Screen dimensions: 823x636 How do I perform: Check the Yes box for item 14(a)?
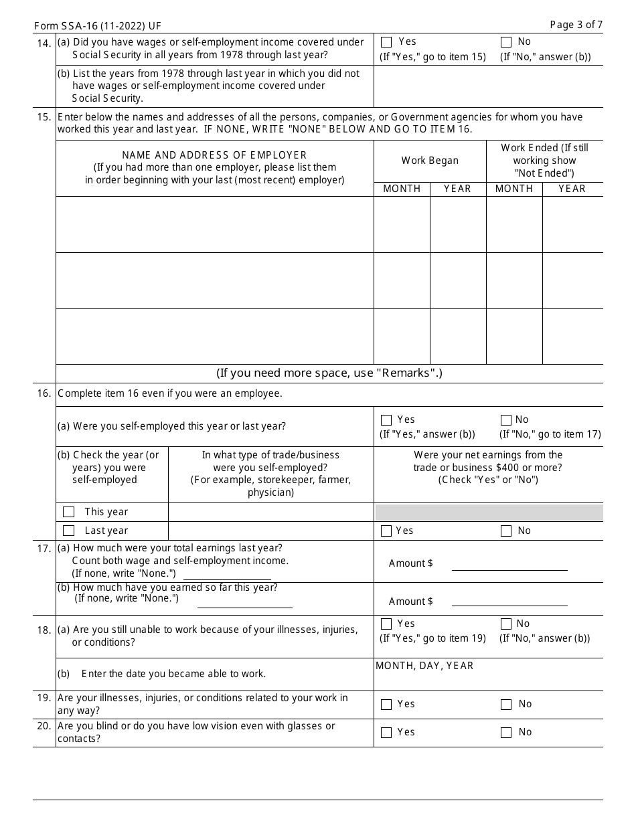click(386, 42)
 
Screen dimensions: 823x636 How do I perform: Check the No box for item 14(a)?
click(506, 42)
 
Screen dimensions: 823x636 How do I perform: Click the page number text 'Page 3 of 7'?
click(576, 25)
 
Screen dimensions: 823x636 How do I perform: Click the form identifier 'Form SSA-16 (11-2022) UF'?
click(97, 26)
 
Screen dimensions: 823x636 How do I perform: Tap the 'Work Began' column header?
click(430, 161)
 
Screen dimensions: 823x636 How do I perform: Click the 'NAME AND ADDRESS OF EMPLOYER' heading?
click(214, 155)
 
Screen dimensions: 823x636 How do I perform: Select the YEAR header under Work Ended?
click(572, 189)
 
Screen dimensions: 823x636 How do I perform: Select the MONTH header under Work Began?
click(402, 189)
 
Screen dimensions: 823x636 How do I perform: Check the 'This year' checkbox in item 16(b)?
click(68, 512)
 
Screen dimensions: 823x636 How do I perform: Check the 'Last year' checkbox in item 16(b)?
click(68, 531)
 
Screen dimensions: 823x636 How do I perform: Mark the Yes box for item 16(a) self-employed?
click(386, 420)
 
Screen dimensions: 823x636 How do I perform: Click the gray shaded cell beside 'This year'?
click(488, 513)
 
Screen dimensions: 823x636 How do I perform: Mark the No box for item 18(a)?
click(506, 624)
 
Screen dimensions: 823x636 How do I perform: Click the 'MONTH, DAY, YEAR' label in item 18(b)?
click(424, 666)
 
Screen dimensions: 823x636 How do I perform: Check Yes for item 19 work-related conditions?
click(386, 705)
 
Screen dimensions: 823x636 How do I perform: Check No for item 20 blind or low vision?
click(506, 733)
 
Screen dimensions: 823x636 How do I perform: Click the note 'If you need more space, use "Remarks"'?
click(329, 373)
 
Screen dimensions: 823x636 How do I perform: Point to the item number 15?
click(44, 117)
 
